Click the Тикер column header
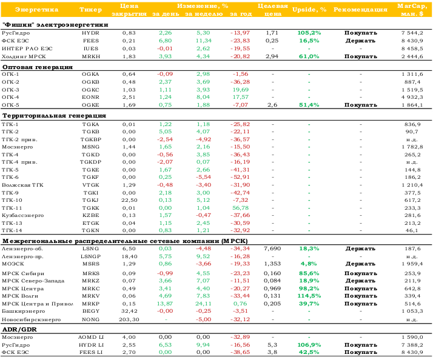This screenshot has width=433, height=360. [x=90, y=10]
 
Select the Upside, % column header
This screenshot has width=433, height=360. [x=309, y=10]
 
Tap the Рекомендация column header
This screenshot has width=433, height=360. [x=360, y=10]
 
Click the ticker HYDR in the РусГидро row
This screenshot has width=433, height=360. [x=90, y=33]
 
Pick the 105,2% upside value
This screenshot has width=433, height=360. [x=309, y=33]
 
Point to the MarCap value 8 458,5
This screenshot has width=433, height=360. [x=412, y=48]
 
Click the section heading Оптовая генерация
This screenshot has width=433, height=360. [x=38, y=67]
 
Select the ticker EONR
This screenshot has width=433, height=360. [x=90, y=97]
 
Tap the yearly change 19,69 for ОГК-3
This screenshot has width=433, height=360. [x=241, y=90]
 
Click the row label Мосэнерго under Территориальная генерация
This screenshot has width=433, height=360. [x=18, y=147]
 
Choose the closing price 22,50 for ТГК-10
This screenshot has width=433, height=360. [x=129, y=200]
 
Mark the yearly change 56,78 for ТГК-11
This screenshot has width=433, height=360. [x=241, y=208]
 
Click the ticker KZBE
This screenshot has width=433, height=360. [x=90, y=215]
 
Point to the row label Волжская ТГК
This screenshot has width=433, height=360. [x=22, y=185]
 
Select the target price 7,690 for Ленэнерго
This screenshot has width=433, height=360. [x=272, y=248]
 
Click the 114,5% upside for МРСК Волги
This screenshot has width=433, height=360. [x=309, y=296]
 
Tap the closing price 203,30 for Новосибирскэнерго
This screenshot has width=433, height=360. [x=129, y=319]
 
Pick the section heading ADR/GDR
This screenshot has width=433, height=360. [x=19, y=329]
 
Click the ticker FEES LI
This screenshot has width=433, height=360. [x=91, y=352]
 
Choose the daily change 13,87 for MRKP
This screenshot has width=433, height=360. [x=165, y=304]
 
